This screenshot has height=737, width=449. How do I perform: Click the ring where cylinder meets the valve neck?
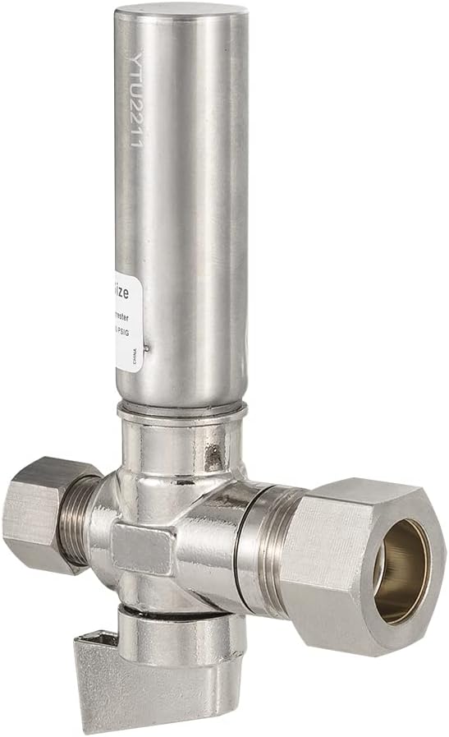[181, 409]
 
